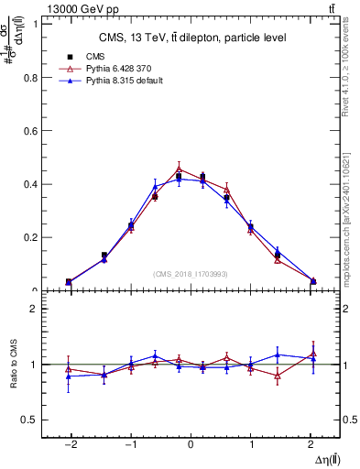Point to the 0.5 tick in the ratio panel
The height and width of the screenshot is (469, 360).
point(29,420)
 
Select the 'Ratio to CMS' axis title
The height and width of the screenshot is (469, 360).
point(13,365)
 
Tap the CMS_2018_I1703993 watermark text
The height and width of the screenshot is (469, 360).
point(191,274)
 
